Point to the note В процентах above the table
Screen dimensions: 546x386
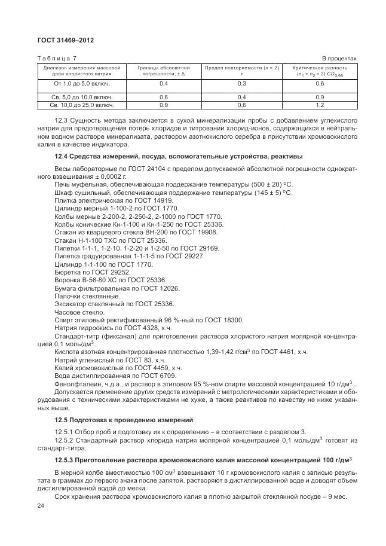[339, 58]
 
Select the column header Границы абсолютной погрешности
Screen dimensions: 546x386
[164, 71]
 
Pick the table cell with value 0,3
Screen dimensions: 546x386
[242, 84]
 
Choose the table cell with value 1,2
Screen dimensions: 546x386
[320, 105]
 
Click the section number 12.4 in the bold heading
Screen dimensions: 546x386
[62, 157]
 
